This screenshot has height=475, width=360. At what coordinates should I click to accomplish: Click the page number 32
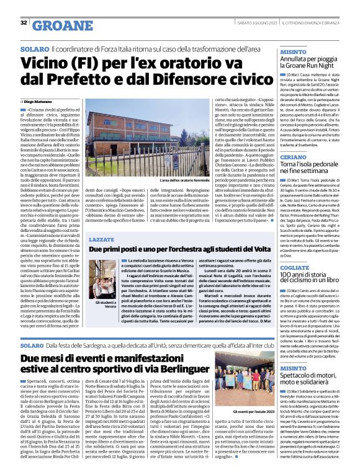tap(23, 23)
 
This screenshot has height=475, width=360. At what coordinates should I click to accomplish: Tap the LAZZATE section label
tap(102, 238)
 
